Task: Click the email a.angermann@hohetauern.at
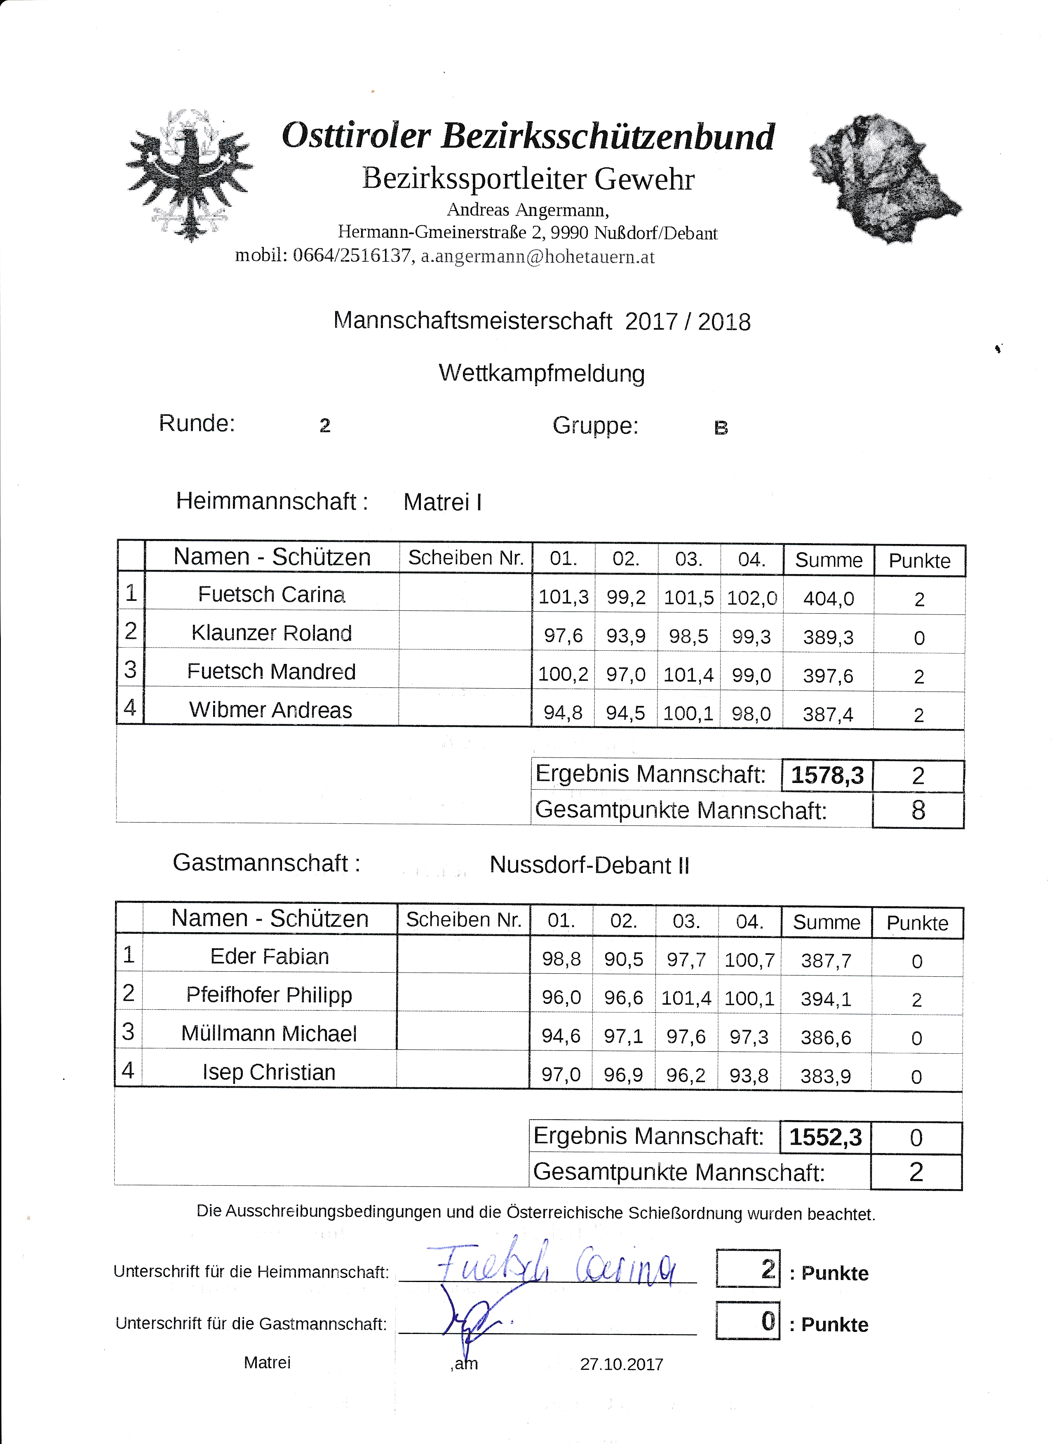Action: point(538,257)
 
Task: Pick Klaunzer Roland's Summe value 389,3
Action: point(828,638)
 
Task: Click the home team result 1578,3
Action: point(827,776)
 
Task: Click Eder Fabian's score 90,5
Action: point(623,959)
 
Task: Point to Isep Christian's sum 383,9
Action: point(825,1076)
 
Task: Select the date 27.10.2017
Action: point(622,1364)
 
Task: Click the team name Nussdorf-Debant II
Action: point(589,866)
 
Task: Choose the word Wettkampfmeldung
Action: point(541,373)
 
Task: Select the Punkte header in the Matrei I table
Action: point(919,561)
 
